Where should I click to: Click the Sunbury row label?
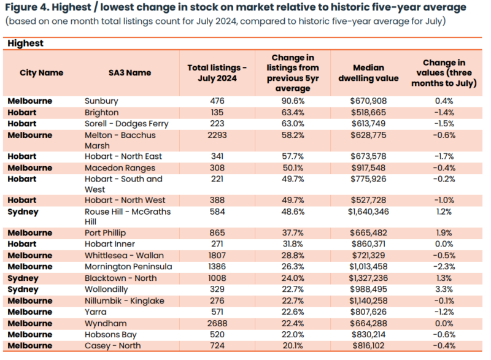101,101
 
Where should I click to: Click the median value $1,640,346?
369,212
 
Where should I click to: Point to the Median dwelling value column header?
369,72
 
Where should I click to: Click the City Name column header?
41,72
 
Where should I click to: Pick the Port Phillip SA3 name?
107,233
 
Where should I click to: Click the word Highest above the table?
26,44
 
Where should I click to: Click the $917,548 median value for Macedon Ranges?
369,168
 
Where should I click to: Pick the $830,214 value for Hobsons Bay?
369,335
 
